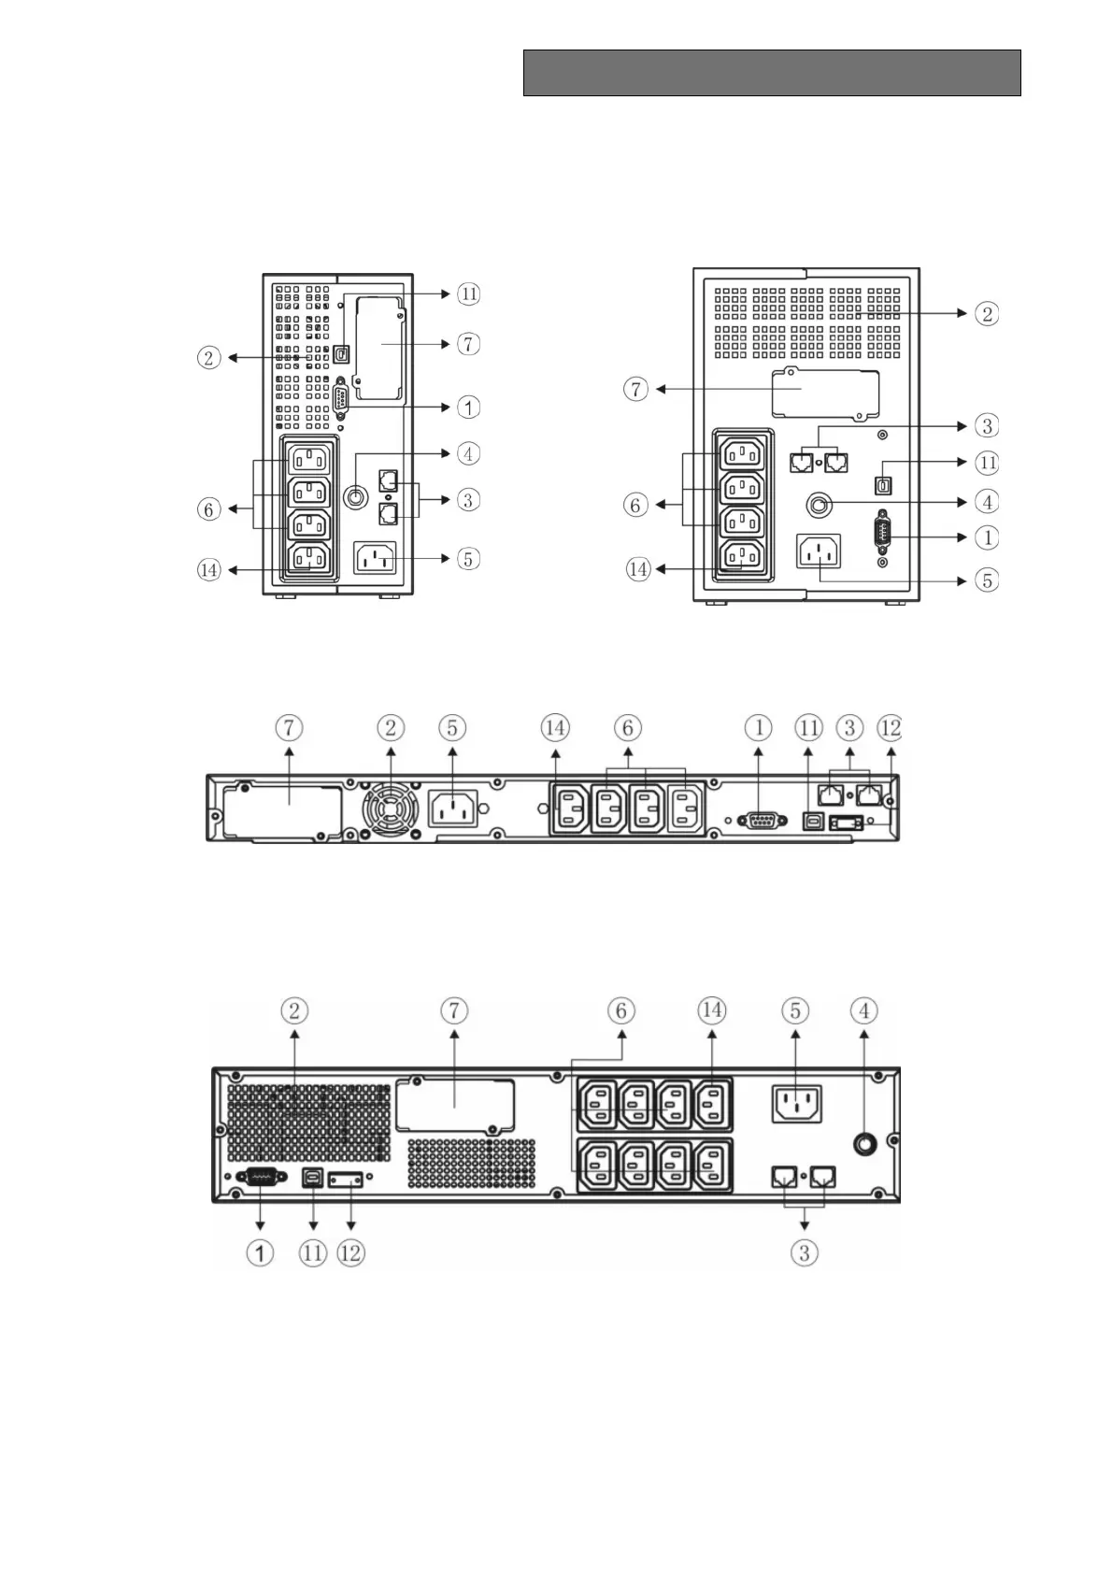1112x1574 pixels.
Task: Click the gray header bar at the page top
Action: point(771,73)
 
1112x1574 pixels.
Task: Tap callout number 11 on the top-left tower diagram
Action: point(468,293)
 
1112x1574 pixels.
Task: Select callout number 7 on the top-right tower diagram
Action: point(636,388)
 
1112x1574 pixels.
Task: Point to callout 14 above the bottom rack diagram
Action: point(712,1009)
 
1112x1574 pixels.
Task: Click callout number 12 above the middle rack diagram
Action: point(890,727)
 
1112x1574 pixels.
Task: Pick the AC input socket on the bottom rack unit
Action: point(796,1104)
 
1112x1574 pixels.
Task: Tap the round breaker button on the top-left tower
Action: point(355,496)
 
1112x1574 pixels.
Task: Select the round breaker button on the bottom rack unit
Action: point(863,1142)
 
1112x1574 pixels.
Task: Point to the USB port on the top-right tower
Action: point(883,486)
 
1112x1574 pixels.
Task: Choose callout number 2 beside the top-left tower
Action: point(209,357)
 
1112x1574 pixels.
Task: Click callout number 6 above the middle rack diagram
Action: point(628,727)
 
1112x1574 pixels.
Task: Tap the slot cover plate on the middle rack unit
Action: point(280,808)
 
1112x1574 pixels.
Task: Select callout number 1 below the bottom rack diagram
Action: point(260,1252)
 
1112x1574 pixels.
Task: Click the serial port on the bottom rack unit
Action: point(260,1179)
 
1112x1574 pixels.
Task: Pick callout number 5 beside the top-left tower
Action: point(468,559)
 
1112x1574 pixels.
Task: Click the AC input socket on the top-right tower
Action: point(819,551)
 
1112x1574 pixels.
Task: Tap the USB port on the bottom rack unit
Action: point(312,1179)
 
